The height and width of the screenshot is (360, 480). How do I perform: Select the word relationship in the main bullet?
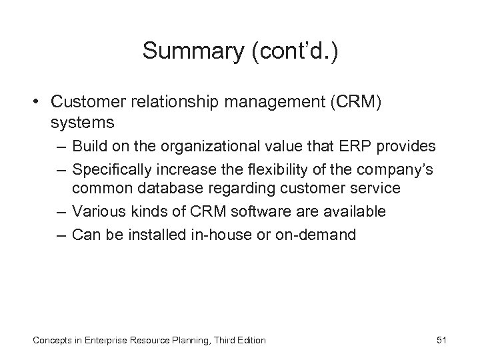point(177,102)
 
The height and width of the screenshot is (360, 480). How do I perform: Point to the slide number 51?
point(440,341)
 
